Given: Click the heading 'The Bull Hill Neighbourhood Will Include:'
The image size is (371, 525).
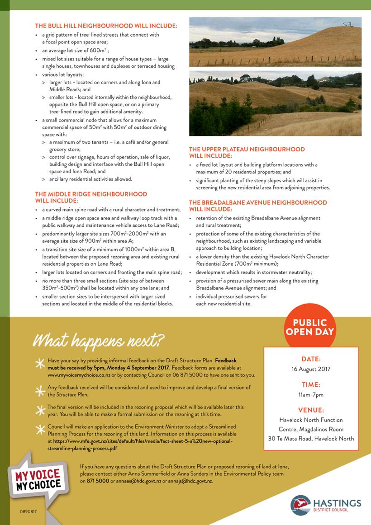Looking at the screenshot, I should pyautogui.click(x=106, y=26).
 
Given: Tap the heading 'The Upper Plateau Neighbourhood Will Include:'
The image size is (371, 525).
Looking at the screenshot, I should pyautogui.click(x=247, y=152).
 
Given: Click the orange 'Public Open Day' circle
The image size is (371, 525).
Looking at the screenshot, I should pyautogui.click(x=310, y=327).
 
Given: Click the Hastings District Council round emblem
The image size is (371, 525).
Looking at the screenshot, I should pyautogui.click(x=300, y=505).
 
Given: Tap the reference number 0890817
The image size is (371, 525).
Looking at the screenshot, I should pyautogui.click(x=29, y=511).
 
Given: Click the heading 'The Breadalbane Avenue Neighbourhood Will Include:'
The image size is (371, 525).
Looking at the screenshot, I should pyautogui.click(x=257, y=206).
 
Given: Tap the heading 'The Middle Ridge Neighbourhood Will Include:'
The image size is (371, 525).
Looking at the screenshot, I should pyautogui.click(x=91, y=197).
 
